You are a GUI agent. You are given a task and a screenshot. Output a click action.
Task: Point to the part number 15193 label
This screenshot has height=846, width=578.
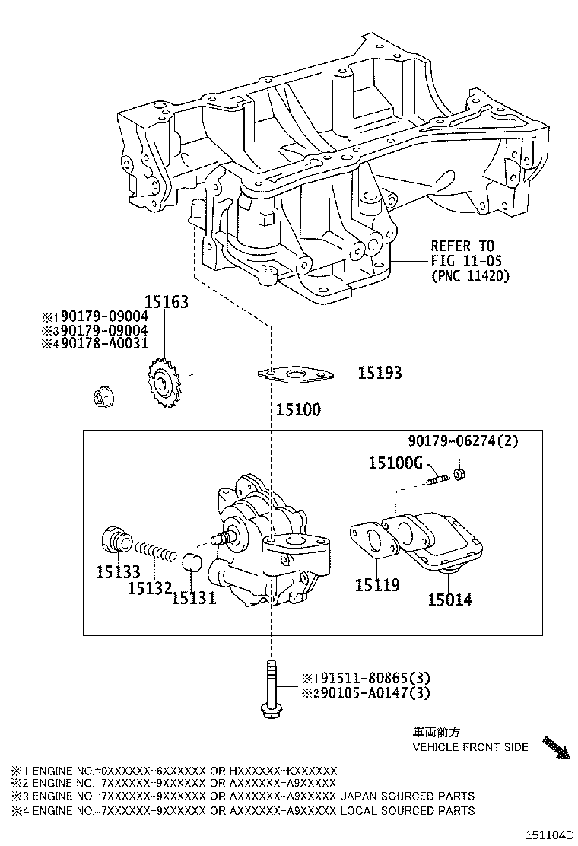380,373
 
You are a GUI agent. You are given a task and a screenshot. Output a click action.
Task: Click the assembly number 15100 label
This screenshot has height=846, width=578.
298,410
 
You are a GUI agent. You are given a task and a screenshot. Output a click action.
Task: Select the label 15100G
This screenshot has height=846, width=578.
395,462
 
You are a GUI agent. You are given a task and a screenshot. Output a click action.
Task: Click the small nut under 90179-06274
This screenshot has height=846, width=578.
460,475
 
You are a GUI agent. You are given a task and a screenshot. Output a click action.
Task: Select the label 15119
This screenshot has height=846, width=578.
377,585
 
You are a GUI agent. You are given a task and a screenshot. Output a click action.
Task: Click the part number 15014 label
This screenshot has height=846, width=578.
449,600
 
